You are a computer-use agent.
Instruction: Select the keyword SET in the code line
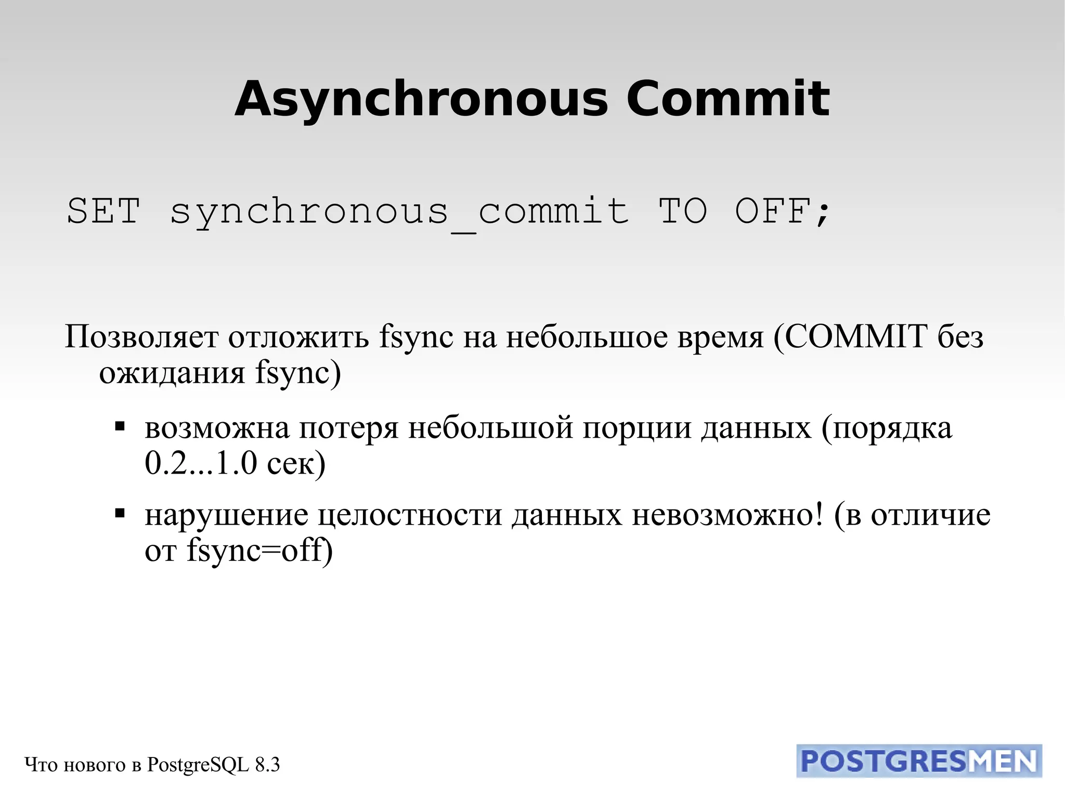click(103, 211)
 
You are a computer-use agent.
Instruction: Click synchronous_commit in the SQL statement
click(399, 212)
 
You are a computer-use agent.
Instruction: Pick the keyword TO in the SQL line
click(683, 211)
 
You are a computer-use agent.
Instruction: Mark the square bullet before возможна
click(120, 427)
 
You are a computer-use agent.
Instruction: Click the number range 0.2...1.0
click(201, 463)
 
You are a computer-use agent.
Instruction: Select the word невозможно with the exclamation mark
click(728, 515)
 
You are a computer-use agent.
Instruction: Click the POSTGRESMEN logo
click(919, 761)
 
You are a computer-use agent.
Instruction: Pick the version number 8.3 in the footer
click(267, 765)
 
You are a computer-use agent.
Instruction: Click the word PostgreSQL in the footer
click(198, 765)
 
